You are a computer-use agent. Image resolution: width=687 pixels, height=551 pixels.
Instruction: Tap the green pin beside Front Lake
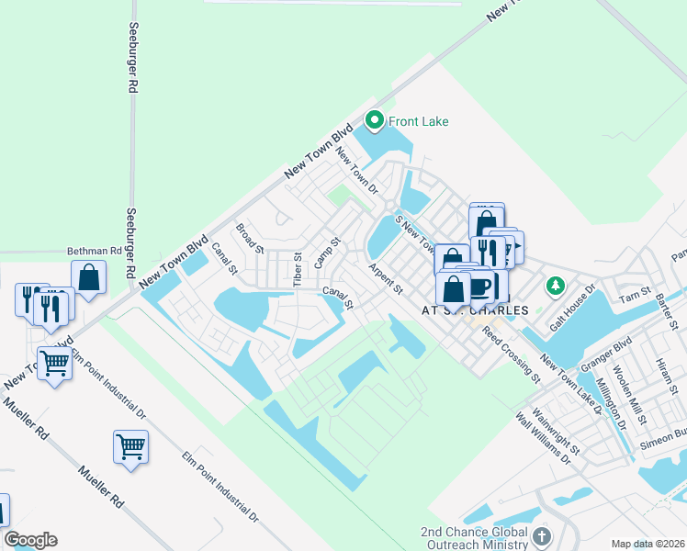[374, 120]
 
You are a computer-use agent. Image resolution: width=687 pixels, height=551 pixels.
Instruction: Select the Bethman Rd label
[94, 250]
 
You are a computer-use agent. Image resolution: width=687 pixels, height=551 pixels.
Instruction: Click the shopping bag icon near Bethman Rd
[89, 276]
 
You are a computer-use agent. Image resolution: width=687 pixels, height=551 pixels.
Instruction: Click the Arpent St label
[386, 278]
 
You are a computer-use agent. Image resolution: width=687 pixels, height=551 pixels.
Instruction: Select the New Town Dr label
[358, 171]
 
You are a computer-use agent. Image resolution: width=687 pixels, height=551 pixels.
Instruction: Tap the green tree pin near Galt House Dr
[554, 287]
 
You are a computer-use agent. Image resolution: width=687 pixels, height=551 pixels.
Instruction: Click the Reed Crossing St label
[511, 354]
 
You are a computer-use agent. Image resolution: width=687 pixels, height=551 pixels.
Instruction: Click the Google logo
[30, 540]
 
